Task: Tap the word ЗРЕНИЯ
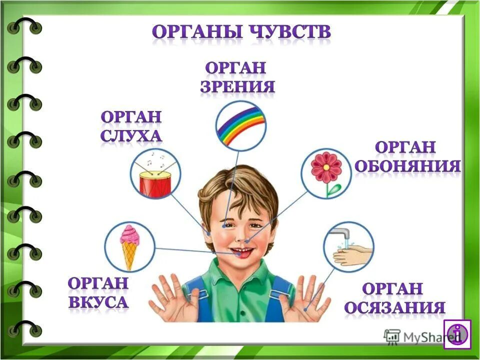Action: click(x=238, y=87)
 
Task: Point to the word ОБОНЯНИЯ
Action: click(x=407, y=166)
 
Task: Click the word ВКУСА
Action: click(x=98, y=301)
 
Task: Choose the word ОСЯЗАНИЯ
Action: click(x=394, y=307)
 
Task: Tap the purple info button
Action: click(x=457, y=333)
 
